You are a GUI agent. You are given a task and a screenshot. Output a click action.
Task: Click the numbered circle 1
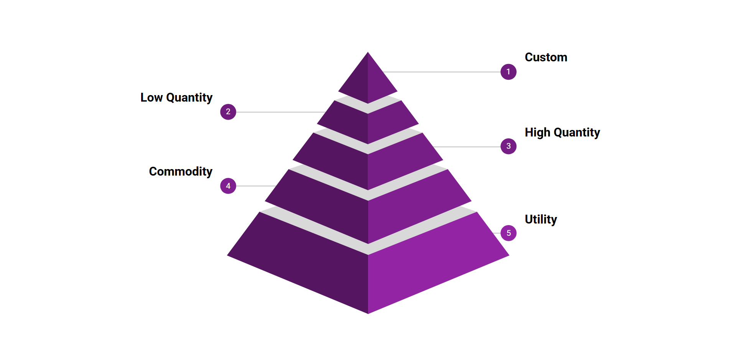508,72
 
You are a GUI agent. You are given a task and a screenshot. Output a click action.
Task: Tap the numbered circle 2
228,112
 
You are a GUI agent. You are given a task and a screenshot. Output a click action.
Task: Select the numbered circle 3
508,146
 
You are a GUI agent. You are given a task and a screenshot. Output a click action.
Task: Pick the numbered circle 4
228,186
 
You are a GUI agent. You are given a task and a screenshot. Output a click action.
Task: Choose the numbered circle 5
508,233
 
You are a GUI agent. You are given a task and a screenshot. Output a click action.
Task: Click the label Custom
546,57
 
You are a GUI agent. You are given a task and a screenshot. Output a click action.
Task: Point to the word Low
151,97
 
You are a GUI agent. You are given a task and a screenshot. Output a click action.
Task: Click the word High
537,132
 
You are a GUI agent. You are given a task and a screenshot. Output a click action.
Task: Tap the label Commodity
180,171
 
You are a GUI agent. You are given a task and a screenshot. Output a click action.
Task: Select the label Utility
541,219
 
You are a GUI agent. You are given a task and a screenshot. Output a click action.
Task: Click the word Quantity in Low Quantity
189,98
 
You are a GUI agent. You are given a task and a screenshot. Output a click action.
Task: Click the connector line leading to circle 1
441,72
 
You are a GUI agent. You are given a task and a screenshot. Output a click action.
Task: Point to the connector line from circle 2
280,112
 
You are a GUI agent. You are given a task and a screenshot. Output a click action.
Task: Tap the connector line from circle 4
255,186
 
